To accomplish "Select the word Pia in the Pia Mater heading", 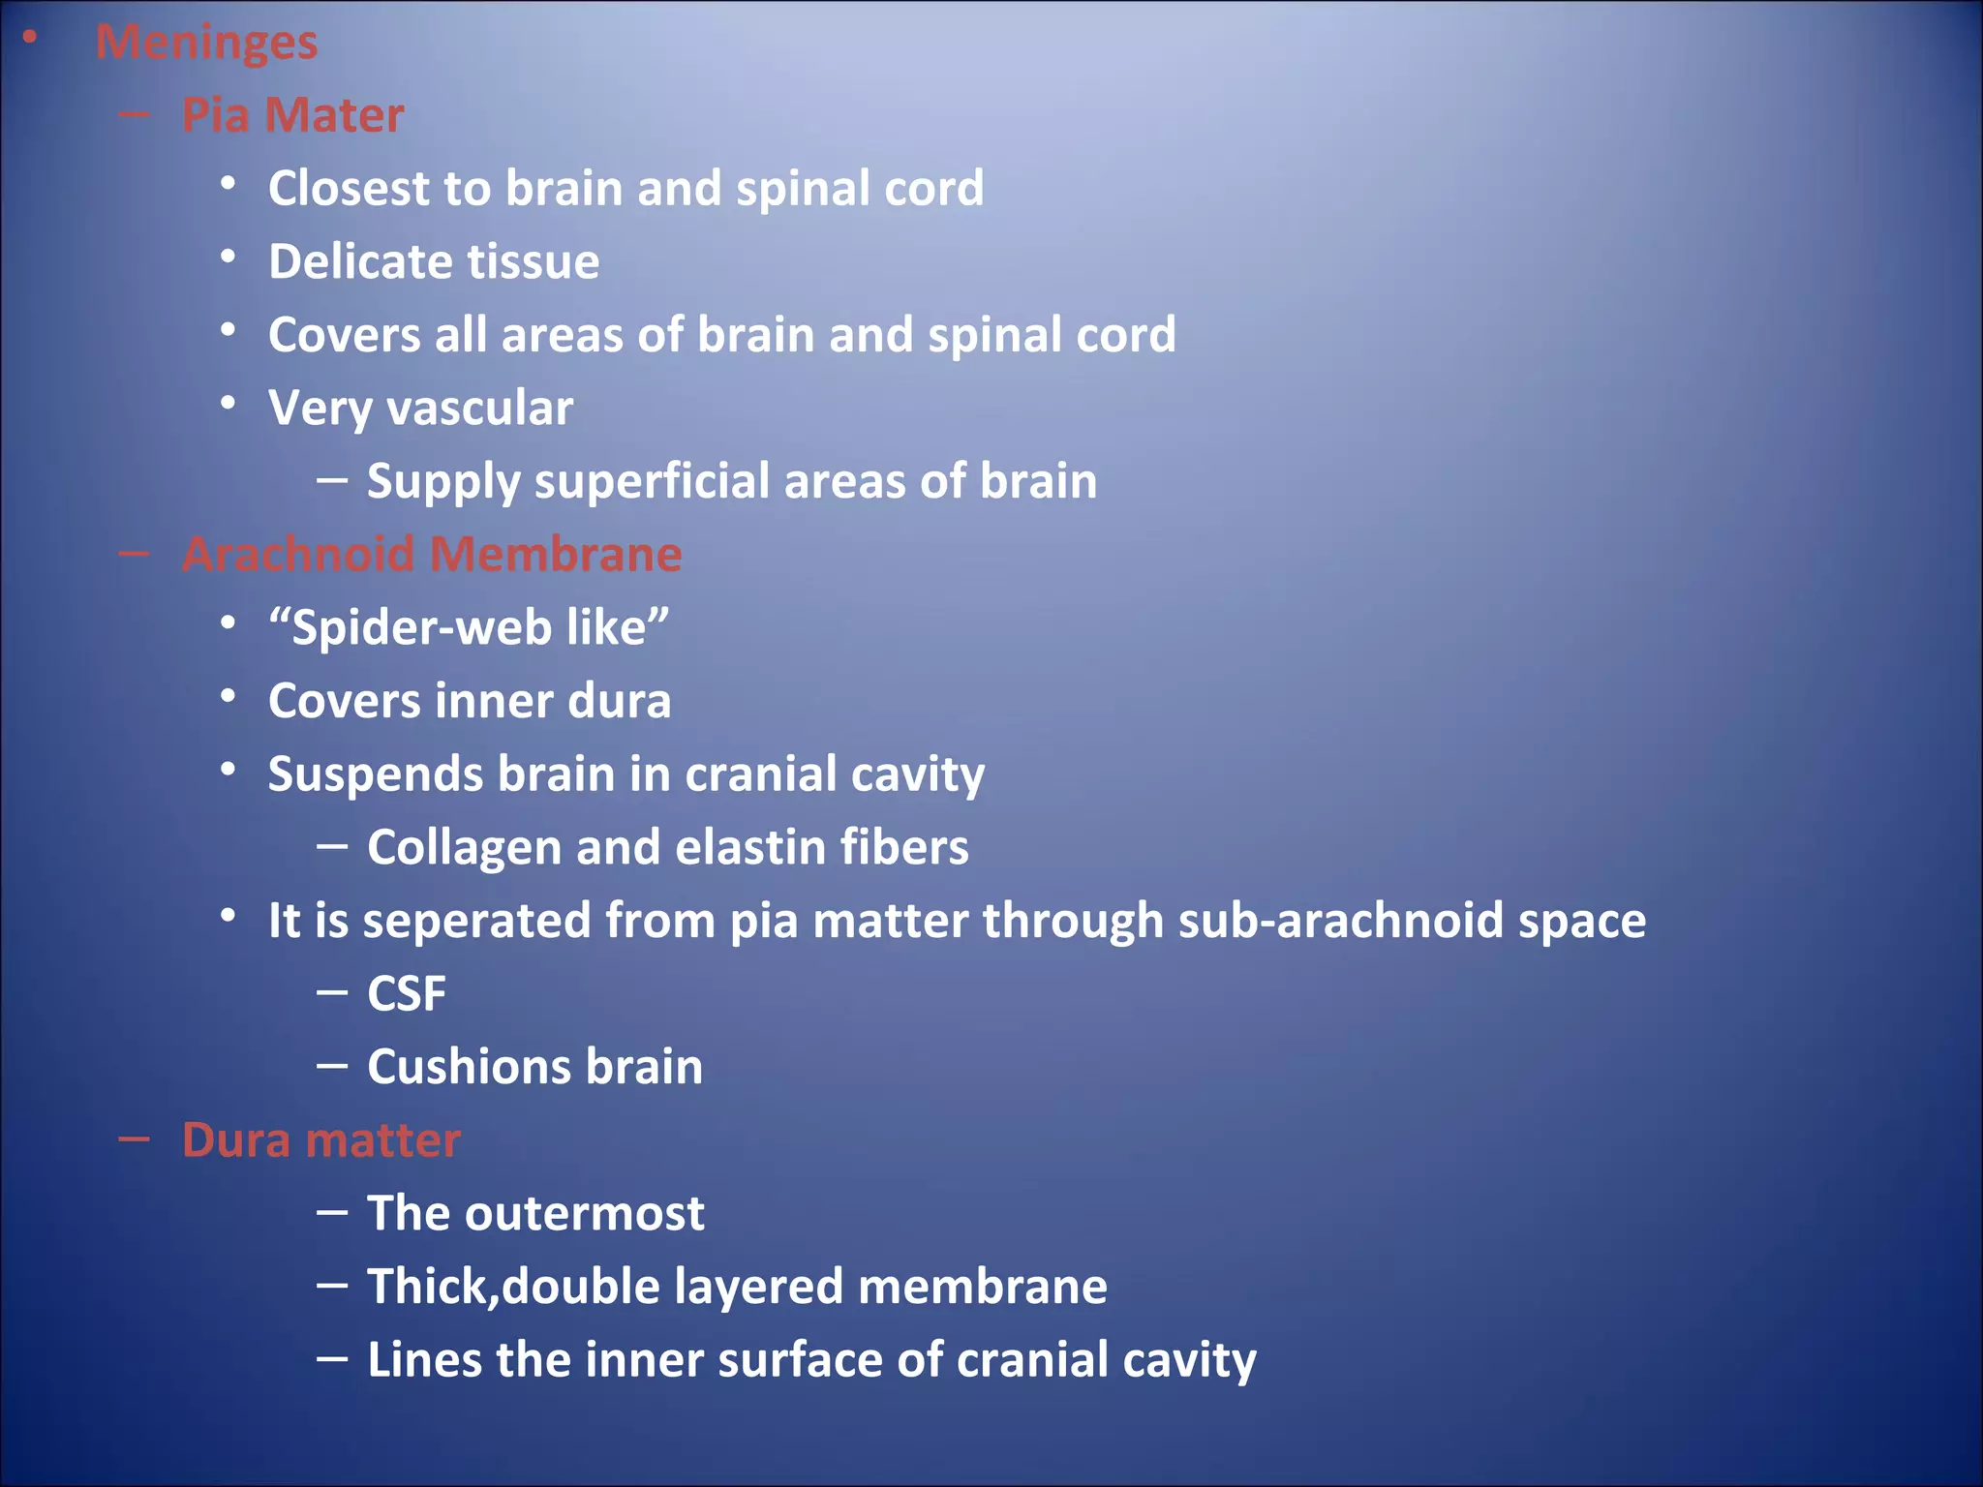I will pos(215,115).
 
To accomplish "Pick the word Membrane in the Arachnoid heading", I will pos(556,555).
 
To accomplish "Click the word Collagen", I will pos(465,848).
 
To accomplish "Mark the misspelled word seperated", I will pos(476,921).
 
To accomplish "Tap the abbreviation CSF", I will pos(407,994).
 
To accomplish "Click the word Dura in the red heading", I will pos(236,1140).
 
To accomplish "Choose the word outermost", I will pos(585,1214).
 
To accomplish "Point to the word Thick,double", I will pos(513,1288).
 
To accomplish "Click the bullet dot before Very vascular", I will pos(229,403).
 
